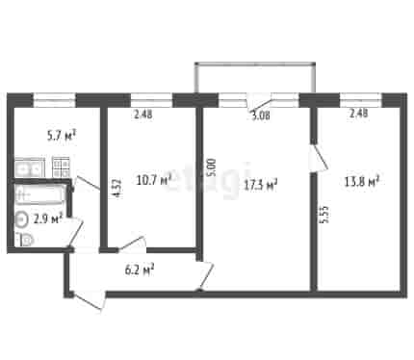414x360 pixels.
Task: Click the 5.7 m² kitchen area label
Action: [62, 136]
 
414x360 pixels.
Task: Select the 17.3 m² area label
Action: [260, 185]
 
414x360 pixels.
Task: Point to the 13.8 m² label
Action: [362, 182]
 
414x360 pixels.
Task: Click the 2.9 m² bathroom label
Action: [48, 219]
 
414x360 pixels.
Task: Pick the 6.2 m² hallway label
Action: [140, 270]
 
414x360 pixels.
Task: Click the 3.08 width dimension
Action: [261, 116]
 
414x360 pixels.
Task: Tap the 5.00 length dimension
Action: [213, 167]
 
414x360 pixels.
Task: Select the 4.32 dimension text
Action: [117, 188]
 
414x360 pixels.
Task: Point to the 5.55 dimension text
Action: [324, 214]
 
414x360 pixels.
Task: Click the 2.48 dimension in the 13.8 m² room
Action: [358, 114]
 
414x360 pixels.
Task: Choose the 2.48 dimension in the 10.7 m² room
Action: [143, 115]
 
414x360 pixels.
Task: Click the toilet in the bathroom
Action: [24, 241]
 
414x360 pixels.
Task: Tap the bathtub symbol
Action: [39, 194]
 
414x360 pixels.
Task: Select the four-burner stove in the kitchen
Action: [62, 167]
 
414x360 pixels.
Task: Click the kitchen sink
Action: [29, 168]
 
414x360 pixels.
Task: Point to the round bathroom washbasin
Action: [21, 219]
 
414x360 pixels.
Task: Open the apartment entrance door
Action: [89, 301]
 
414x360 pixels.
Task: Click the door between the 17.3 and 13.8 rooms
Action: [318, 159]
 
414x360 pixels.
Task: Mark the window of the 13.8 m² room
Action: [361, 100]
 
